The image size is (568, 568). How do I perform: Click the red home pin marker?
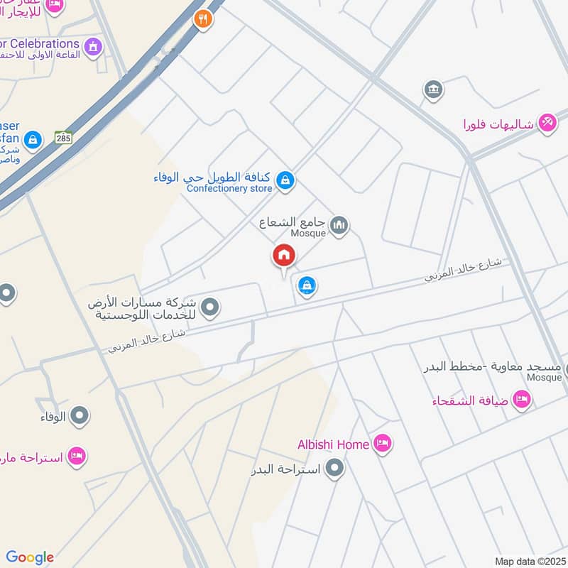pos(284,255)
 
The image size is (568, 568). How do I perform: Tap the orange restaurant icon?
pos(203,20)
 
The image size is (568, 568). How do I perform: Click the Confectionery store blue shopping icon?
pos(285,180)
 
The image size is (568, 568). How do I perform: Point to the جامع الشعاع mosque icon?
pos(339,226)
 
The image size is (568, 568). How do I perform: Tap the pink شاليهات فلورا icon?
pos(547,122)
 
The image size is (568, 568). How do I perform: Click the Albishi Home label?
pos(333,444)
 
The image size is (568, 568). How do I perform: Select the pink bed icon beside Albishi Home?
pos(383,444)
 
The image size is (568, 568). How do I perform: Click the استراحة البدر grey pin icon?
pos(335,468)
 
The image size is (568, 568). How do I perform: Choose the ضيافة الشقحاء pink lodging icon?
pos(522,400)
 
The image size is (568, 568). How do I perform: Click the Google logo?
pos(30,557)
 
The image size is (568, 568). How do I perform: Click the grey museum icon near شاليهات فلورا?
pos(432,89)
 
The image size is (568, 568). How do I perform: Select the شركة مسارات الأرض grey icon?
pos(209,308)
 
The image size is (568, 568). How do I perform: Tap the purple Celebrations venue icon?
pos(92,48)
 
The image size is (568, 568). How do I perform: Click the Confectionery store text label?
pos(229,189)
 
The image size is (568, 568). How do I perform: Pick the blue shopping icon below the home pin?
pos(307,286)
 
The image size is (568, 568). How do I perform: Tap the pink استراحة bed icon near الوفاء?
pos(77,456)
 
